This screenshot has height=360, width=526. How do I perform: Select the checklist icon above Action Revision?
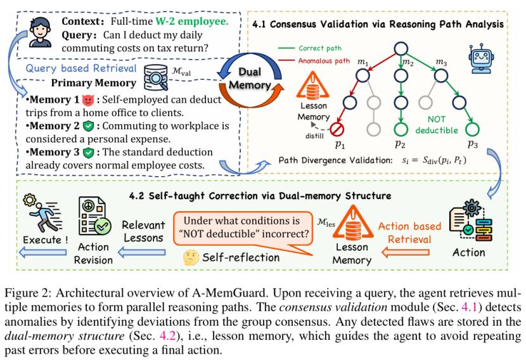click(92, 217)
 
